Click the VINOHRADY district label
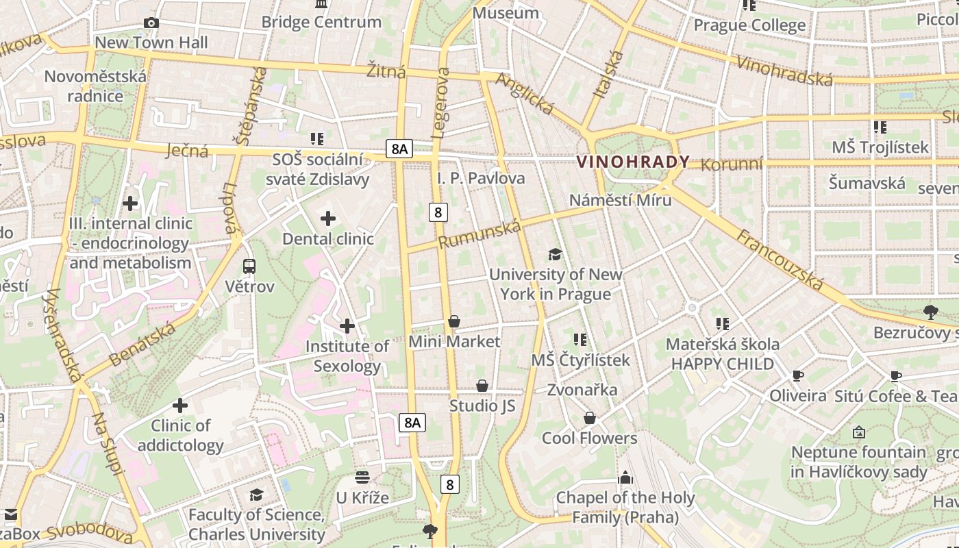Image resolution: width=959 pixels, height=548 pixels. pos(633,162)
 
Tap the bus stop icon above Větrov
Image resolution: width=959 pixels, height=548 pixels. pos(249,266)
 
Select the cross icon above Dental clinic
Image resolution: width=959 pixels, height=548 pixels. pos(328,219)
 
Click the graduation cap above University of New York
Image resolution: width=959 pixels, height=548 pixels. pos(555,255)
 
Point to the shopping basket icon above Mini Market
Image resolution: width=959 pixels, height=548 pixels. pos(453,321)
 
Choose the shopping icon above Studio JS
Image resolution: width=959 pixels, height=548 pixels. pos(482,386)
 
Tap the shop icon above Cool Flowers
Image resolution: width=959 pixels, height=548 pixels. pos(589,418)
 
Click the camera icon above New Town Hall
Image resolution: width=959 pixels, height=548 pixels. pos(151,23)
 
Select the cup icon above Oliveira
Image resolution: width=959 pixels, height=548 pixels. pos(797,375)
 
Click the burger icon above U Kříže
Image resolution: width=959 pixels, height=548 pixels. pos(362,477)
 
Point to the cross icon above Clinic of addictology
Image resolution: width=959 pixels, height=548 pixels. pos(180,406)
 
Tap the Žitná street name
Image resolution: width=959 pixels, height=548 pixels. pos(386,71)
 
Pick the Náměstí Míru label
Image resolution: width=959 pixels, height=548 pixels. pos(621,200)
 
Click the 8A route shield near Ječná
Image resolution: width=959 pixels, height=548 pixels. pos(399,148)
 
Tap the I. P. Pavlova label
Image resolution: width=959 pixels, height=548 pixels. pos(481,178)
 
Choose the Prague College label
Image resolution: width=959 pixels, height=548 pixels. pos(749,25)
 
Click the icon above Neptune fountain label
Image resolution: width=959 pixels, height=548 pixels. pos(858,432)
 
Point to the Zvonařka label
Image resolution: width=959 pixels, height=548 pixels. pos(582,390)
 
